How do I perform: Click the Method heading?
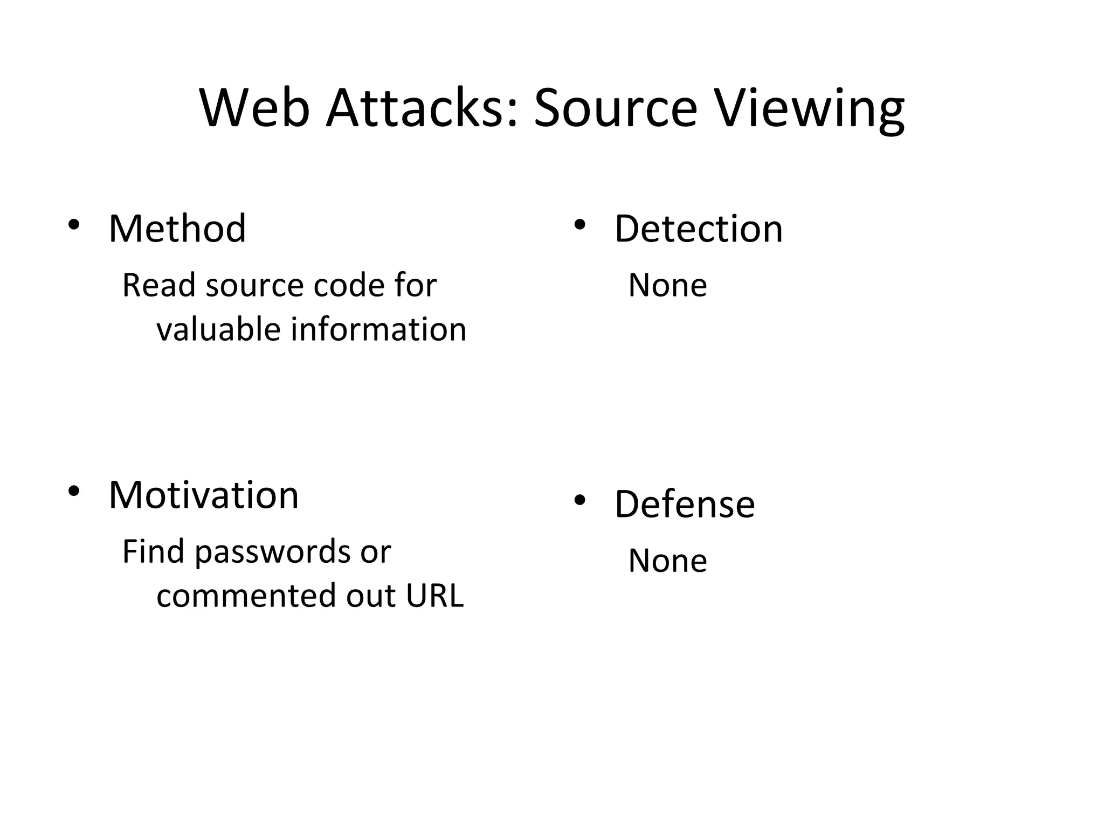pyautogui.click(x=177, y=229)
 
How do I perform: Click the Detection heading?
pyautogui.click(x=698, y=229)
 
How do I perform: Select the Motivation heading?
pyautogui.click(x=203, y=495)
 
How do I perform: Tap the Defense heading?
pyautogui.click(x=685, y=504)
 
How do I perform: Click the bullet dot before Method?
pyautogui.click(x=74, y=224)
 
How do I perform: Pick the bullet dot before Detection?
pyautogui.click(x=579, y=224)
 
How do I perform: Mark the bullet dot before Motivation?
pyautogui.click(x=74, y=491)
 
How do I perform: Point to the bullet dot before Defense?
pyautogui.click(x=579, y=500)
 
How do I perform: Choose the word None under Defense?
pyautogui.click(x=667, y=561)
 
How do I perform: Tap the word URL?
pyautogui.click(x=434, y=596)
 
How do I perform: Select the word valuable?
pyautogui.click(x=218, y=329)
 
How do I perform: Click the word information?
pyautogui.click(x=378, y=329)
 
